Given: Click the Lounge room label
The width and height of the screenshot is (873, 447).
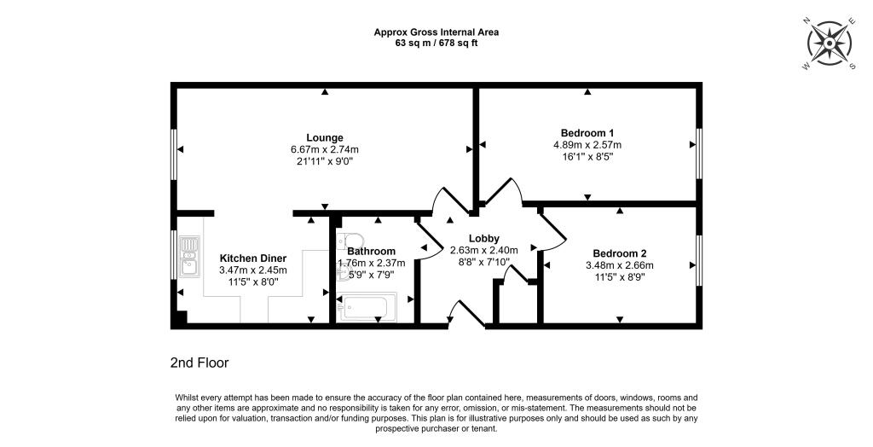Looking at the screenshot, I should [x=325, y=137].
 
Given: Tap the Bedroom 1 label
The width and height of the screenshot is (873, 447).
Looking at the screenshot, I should [x=587, y=132].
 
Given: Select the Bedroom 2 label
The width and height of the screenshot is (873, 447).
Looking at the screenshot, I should [x=620, y=253].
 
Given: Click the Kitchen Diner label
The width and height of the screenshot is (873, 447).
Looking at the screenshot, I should [x=253, y=258].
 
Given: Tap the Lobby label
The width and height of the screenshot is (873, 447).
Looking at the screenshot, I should [x=483, y=238].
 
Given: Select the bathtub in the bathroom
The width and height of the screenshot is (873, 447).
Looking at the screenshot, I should [x=367, y=307].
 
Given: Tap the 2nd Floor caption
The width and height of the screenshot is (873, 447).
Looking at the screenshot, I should [x=199, y=363].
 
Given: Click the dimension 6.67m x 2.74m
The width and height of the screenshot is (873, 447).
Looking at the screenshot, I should [x=325, y=149].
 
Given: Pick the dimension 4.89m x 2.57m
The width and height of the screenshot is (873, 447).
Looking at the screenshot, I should [x=587, y=144].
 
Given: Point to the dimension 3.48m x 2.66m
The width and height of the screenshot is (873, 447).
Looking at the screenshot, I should [x=620, y=265].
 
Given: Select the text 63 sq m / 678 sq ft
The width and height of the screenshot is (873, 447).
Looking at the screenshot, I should [x=436, y=43].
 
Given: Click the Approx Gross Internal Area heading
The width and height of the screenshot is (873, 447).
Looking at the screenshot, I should [x=436, y=32].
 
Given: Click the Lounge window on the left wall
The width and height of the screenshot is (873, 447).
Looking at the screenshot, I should [x=174, y=154].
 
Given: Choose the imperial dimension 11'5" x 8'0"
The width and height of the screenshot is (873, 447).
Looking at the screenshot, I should [x=253, y=282].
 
